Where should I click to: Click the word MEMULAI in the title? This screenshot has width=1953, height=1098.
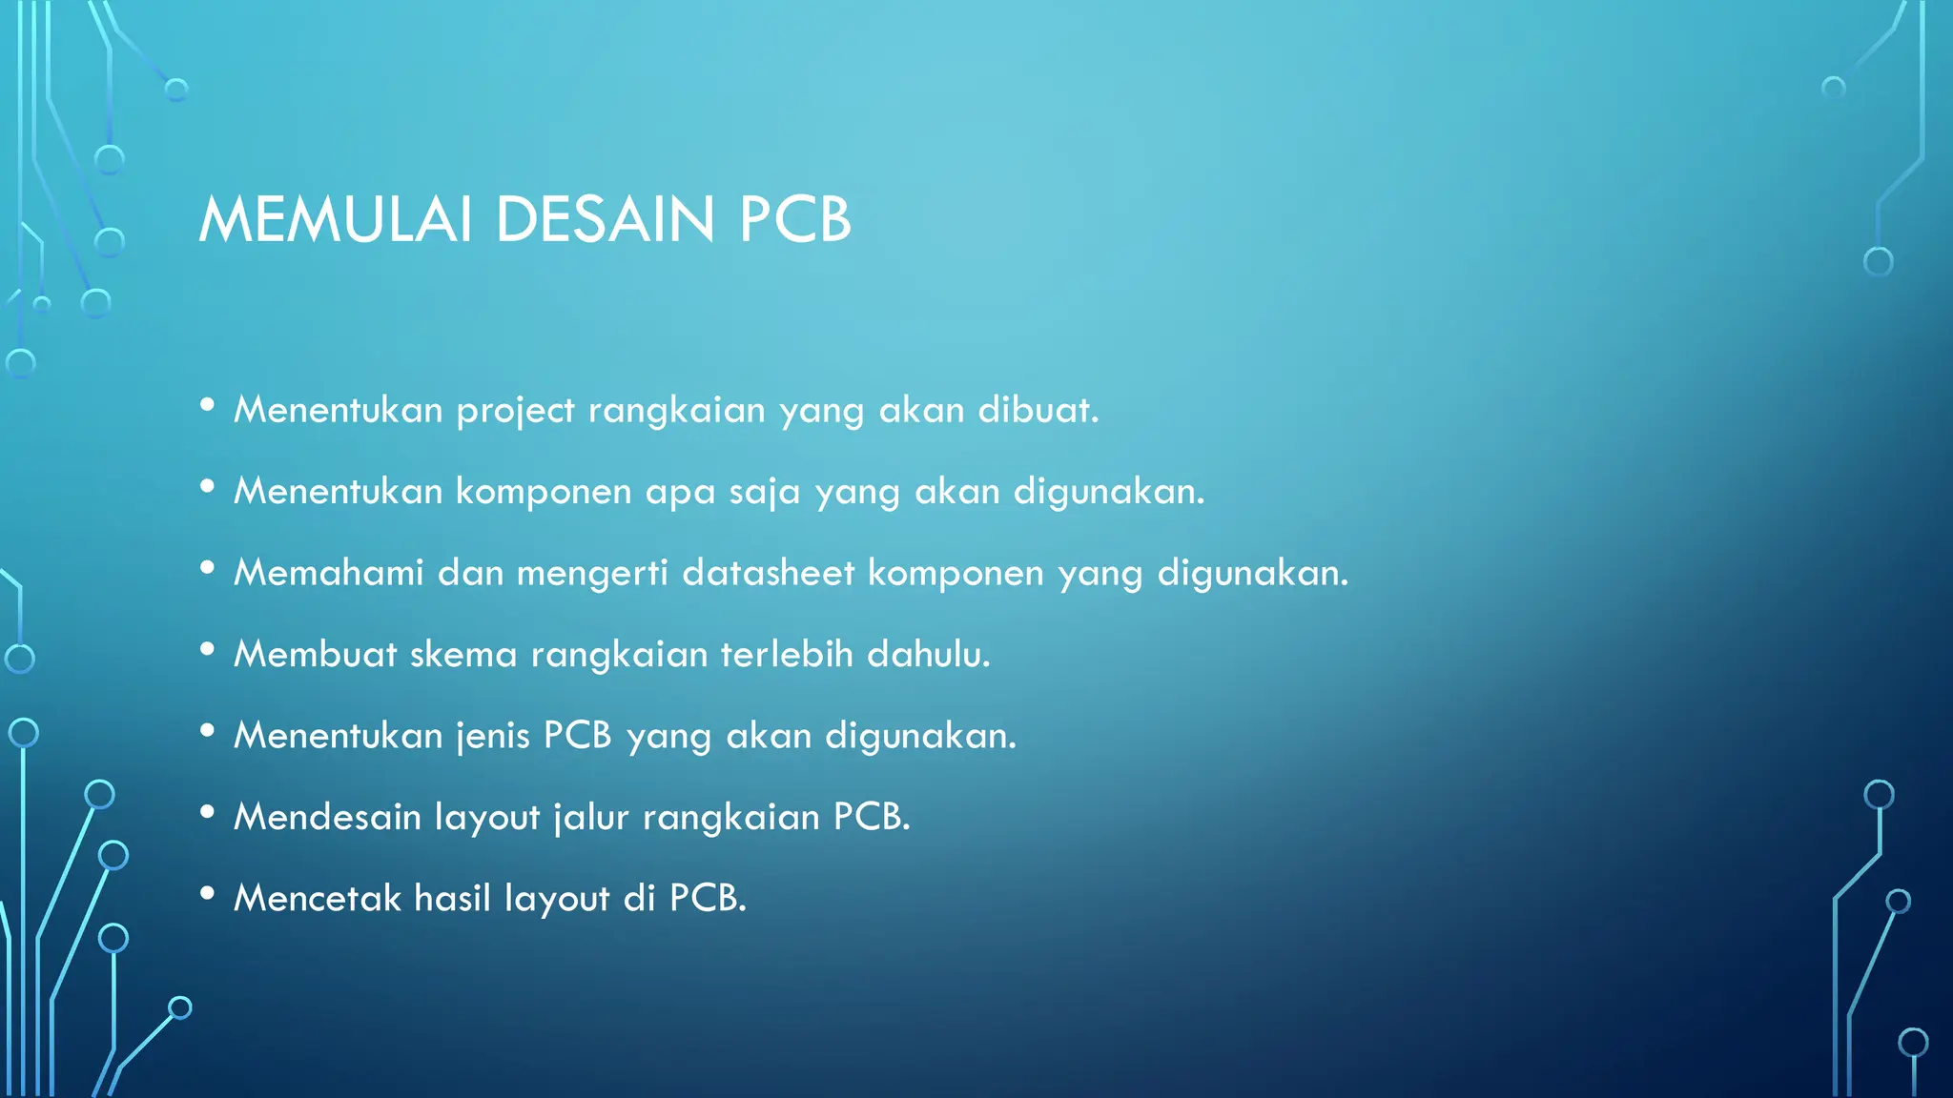(x=335, y=220)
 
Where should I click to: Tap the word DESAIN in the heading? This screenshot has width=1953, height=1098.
(x=605, y=220)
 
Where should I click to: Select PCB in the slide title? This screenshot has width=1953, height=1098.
(x=794, y=220)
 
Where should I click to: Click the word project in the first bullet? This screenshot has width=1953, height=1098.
(x=515, y=411)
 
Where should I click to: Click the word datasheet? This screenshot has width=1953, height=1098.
(x=768, y=573)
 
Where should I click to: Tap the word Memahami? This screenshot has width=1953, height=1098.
(x=329, y=573)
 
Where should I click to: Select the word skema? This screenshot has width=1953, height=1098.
(x=463, y=655)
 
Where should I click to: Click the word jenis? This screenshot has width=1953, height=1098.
(x=492, y=736)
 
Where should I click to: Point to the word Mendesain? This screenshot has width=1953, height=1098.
(x=327, y=817)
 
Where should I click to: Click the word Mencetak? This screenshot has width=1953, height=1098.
(x=318, y=898)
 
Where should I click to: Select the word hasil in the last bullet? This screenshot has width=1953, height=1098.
(x=452, y=898)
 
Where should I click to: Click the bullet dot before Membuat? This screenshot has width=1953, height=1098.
(x=207, y=649)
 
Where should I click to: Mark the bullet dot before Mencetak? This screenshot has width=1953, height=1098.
(x=207, y=893)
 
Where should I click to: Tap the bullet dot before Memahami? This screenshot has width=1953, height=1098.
(x=207, y=568)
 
